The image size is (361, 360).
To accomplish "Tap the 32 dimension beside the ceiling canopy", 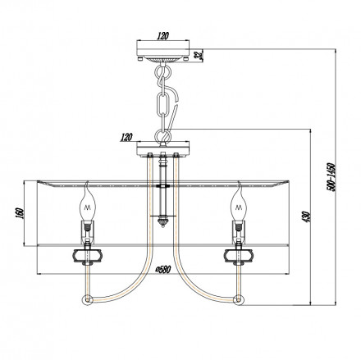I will pos(199,55).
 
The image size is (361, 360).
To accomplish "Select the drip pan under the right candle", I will pos(240,253).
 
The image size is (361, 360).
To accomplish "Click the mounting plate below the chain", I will pos(165,148).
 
